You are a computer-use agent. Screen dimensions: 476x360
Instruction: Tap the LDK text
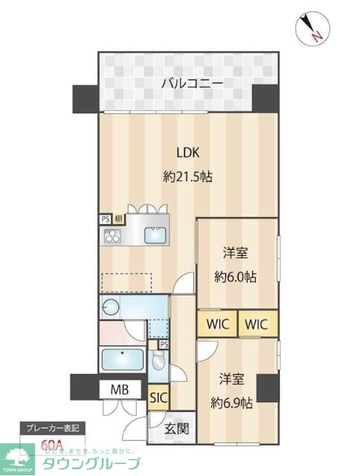pyautogui.click(x=187, y=152)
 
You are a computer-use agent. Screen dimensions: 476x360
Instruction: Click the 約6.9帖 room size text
pyautogui.click(x=231, y=403)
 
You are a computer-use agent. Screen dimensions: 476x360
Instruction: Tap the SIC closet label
pyautogui.click(x=158, y=397)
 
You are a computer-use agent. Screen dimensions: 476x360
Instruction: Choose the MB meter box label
pyautogui.click(x=120, y=389)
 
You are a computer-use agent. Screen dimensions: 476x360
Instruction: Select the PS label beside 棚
pyautogui.click(x=105, y=219)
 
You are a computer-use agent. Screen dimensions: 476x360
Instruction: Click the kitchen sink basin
pyautogui.click(x=156, y=235)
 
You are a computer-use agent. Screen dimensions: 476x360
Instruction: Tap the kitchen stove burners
pyautogui.click(x=113, y=236)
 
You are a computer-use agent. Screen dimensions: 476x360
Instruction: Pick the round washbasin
pyautogui.click(x=111, y=306)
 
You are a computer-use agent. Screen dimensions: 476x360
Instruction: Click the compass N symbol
pyautogui.click(x=313, y=30)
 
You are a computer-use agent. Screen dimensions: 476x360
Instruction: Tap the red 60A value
pyautogui.click(x=52, y=446)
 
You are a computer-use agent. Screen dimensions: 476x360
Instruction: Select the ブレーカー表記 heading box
pyautogui.click(x=52, y=430)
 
